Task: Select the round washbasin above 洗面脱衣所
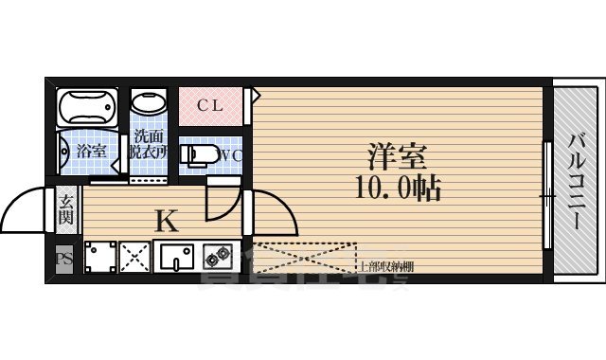pos(148,103)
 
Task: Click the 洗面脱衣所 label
pos(150,143)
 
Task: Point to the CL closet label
pos(210,105)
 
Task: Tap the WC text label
pos(231,155)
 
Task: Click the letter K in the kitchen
pos(166,222)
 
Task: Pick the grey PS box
pos(64,259)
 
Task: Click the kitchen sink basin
pos(176,257)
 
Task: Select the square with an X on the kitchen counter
pos(135,257)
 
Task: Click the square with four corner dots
pos(99,257)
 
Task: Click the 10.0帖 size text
pos(397,189)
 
